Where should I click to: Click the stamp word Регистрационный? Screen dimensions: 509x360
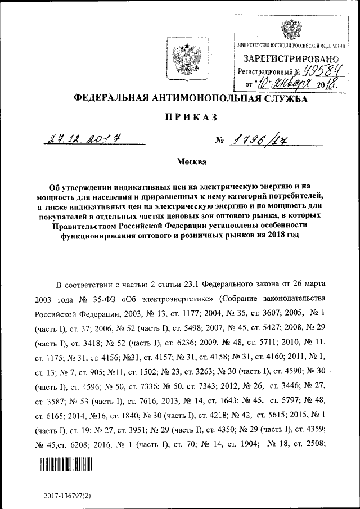tap(265, 72)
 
